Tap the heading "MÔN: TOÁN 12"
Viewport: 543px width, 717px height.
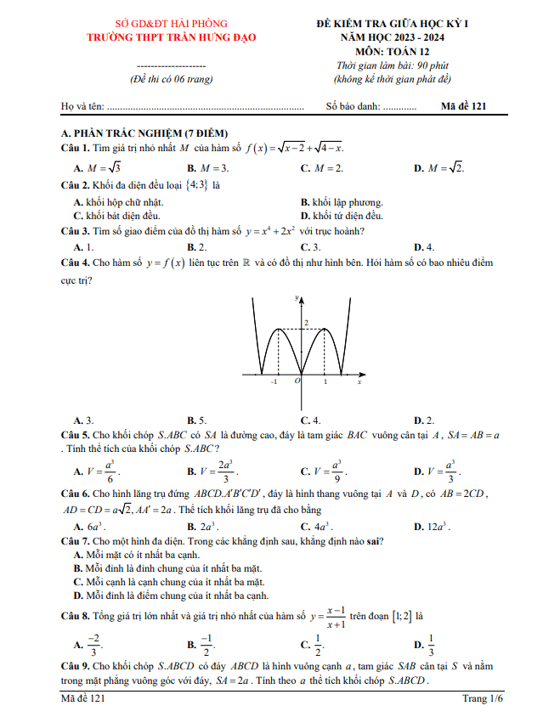pyautogui.click(x=391, y=51)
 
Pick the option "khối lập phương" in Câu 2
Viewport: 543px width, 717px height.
pyautogui.click(x=347, y=202)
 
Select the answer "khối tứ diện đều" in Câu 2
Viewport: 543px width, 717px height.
pyautogui.click(x=347, y=216)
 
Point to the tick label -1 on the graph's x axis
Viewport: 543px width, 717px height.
pyautogui.click(x=273, y=383)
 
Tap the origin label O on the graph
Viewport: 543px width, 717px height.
pyautogui.click(x=297, y=382)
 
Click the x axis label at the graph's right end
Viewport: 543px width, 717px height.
pyautogui.click(x=359, y=382)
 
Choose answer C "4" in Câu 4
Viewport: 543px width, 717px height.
pyautogui.click(x=310, y=420)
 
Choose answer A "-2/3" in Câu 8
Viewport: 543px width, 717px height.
pyautogui.click(x=93, y=645)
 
